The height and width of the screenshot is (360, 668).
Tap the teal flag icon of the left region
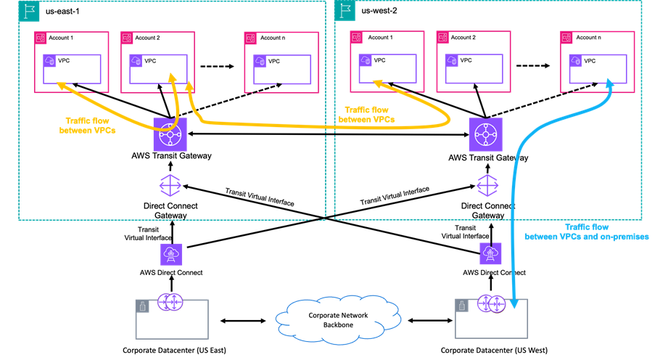tap(29, 11)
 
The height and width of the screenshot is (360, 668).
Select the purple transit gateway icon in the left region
tap(170, 134)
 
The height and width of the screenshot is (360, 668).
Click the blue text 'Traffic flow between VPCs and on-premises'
tap(586, 232)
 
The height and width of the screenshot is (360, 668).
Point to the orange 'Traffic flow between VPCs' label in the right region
tap(367, 114)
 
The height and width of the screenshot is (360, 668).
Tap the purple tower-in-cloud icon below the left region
tap(171, 253)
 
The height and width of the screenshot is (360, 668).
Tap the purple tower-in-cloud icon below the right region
tap(490, 253)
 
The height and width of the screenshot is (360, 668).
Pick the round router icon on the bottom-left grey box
tap(170, 302)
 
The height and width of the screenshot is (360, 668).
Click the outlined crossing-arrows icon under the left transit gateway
tap(170, 185)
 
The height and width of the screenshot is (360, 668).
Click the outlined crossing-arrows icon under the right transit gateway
tap(487, 185)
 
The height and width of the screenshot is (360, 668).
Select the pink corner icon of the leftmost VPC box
tap(41, 37)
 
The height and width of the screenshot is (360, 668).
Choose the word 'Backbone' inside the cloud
tap(337, 324)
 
